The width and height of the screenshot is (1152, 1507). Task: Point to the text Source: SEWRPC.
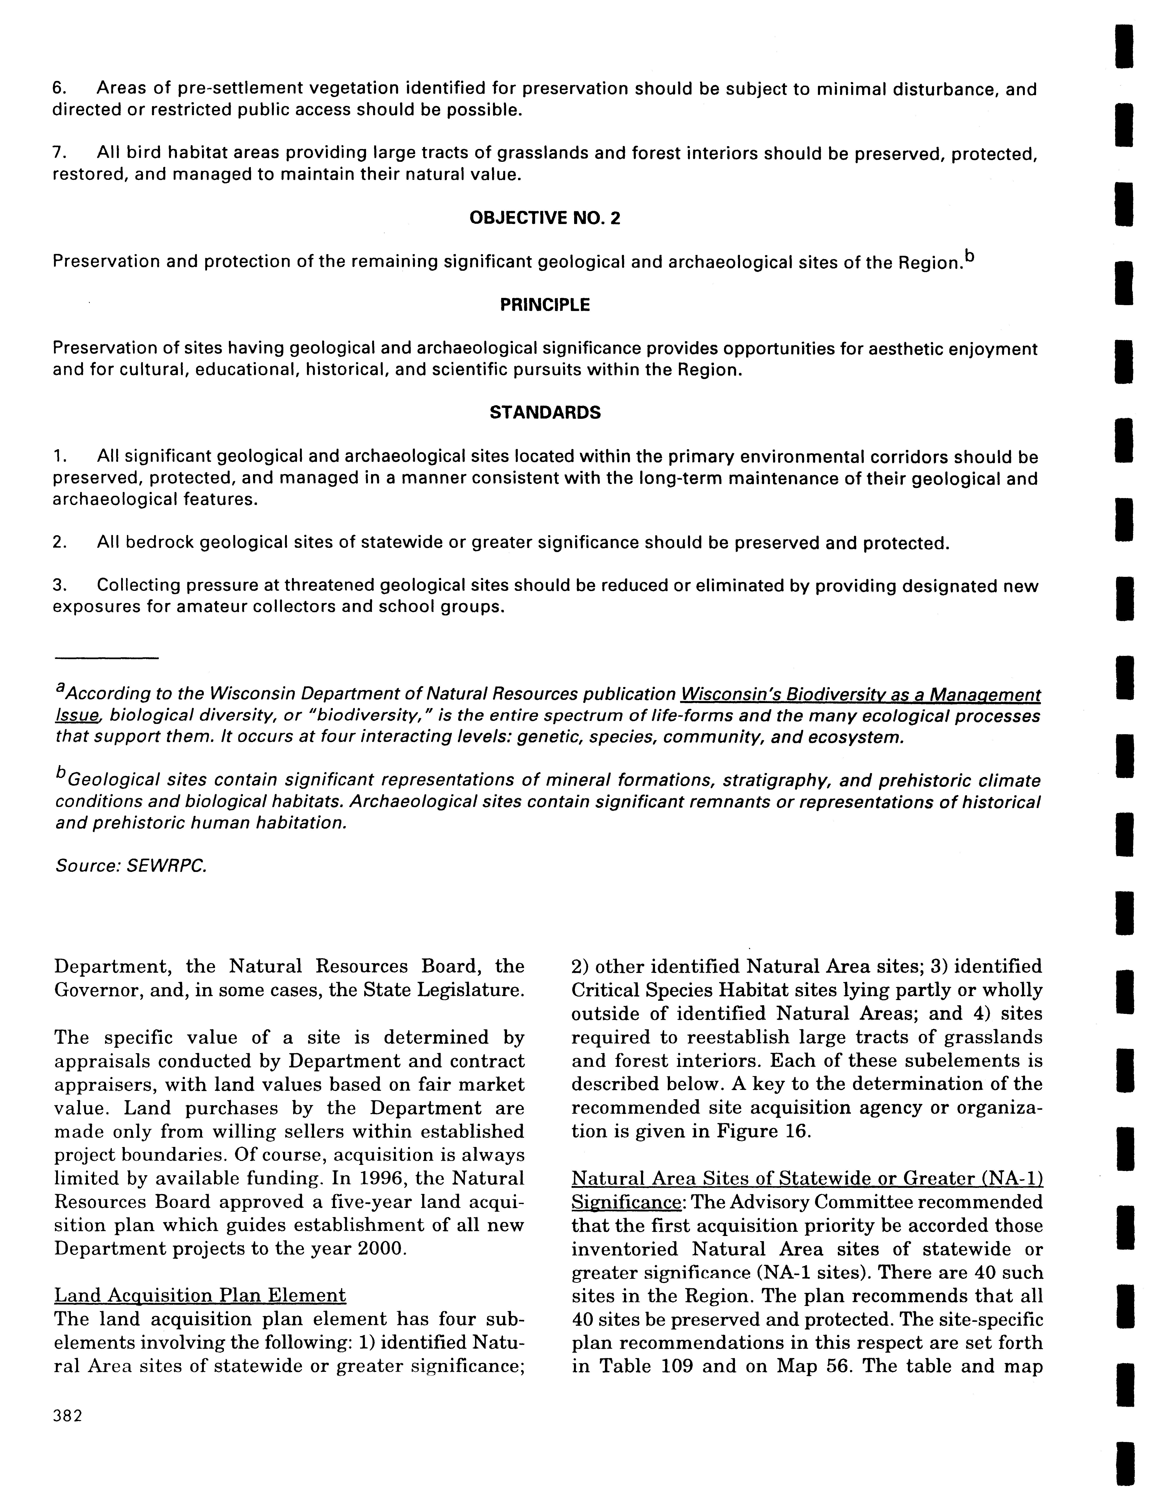click(130, 866)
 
